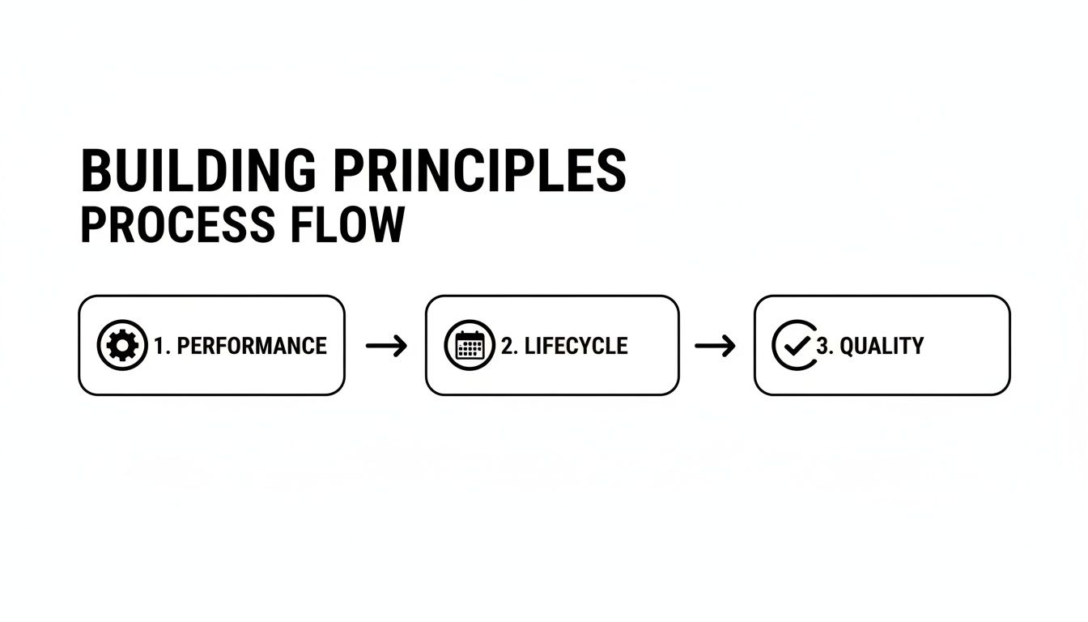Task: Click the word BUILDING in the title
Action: click(198, 171)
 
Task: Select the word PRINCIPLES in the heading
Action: click(480, 171)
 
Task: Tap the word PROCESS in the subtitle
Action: click(178, 224)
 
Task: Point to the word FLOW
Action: click(347, 224)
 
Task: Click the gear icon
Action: click(122, 345)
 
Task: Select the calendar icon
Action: click(470, 345)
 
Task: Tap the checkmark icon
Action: click(795, 345)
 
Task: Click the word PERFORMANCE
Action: click(252, 346)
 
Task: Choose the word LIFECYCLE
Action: click(576, 346)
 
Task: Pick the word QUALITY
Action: click(882, 346)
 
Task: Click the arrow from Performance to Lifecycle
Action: click(387, 346)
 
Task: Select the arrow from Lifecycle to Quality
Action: click(715, 346)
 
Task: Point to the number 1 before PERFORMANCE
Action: click(159, 346)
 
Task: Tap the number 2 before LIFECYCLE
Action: click(507, 346)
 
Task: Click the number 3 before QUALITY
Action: click(822, 346)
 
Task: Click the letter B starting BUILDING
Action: click(94, 171)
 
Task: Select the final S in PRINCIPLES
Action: click(612, 171)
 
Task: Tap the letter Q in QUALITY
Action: click(848, 347)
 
